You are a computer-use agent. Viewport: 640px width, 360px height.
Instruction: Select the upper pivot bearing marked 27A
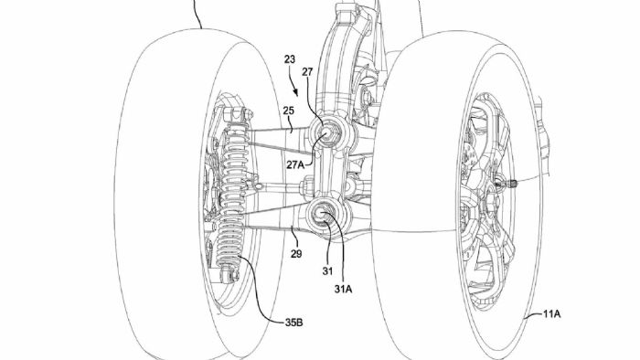[x=326, y=134]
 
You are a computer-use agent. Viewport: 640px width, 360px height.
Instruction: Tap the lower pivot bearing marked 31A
[x=325, y=216]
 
